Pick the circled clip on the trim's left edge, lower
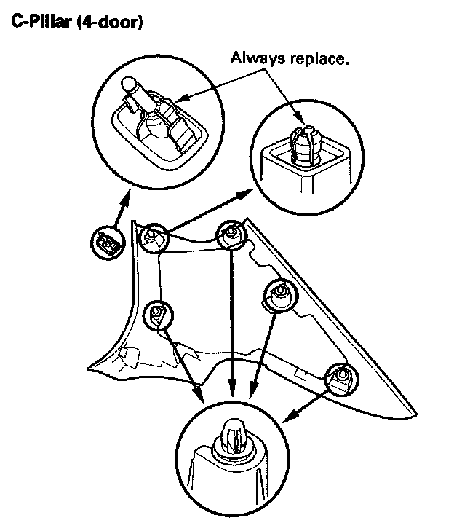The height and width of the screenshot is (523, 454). (157, 314)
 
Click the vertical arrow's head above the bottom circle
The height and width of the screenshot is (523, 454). (232, 393)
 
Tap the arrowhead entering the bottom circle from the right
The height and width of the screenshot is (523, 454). (287, 417)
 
